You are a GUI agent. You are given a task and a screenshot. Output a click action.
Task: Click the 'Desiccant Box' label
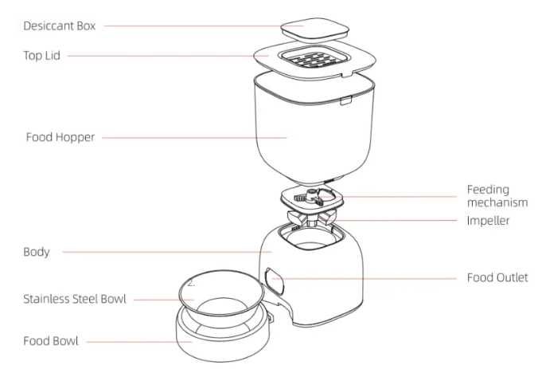click(60, 26)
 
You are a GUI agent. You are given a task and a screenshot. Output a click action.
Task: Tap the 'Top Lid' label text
click(42, 56)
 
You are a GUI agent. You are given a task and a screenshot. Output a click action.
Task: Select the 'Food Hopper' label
click(60, 137)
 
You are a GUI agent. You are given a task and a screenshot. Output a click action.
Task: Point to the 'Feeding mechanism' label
click(497, 196)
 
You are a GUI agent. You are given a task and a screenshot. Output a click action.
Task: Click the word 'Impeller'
click(488, 221)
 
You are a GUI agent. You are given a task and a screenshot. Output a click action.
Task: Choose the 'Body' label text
click(37, 252)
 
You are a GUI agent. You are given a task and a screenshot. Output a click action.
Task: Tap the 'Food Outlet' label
click(497, 277)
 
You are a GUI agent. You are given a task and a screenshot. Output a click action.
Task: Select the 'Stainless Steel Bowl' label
click(75, 299)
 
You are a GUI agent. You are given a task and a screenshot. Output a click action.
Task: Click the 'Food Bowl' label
click(51, 341)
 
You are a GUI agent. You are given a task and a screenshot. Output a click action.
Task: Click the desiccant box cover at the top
click(314, 29)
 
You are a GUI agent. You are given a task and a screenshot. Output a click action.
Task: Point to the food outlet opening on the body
click(275, 281)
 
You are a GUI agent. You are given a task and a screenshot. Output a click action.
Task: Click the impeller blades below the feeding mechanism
click(311, 218)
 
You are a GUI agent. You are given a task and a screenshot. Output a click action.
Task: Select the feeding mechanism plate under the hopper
click(312, 199)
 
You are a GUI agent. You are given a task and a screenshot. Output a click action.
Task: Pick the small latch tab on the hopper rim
click(345, 100)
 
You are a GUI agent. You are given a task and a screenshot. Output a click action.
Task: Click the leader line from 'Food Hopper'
click(194, 138)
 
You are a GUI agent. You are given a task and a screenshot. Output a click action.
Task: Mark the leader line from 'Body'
click(167, 252)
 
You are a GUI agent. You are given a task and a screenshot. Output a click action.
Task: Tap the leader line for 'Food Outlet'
click(364, 278)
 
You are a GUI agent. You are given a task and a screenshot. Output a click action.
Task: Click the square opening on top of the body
click(311, 236)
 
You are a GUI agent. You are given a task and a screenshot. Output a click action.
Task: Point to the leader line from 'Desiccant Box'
click(204, 26)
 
